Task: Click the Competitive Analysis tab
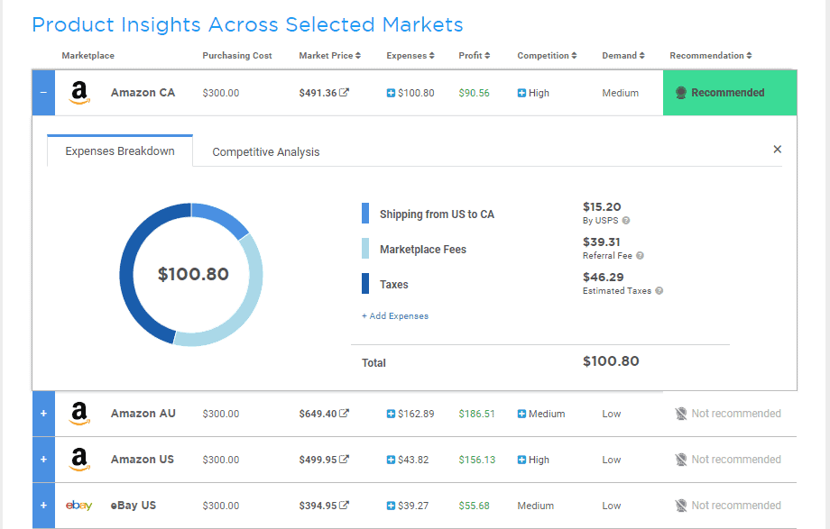pos(266,151)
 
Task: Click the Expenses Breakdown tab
pos(120,150)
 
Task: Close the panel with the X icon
pos(777,150)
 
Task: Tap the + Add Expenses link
pos(395,315)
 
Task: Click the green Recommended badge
pos(730,93)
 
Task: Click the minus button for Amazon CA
pos(43,93)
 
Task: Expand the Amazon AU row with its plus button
pos(43,414)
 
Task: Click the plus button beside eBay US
pos(43,506)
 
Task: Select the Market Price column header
pos(330,56)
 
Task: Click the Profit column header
pos(475,56)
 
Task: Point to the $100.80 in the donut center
pos(193,274)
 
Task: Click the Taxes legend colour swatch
pos(365,283)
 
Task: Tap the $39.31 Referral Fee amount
pos(602,242)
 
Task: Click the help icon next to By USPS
pos(626,221)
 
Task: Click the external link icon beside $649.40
pos(344,413)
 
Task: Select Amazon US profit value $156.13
pos(477,460)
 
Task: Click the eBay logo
pos(78,506)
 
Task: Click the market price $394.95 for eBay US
pos(318,506)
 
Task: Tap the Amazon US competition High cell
pos(533,460)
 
